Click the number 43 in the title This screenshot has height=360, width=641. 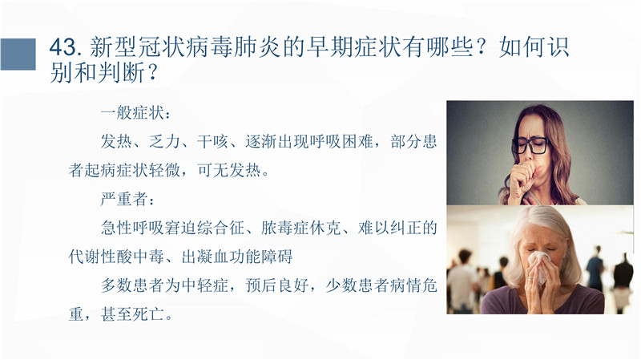coord(63,47)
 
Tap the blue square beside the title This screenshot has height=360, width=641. coord(18,54)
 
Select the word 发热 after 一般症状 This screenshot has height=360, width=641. coord(116,142)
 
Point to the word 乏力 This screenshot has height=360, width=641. coord(165,142)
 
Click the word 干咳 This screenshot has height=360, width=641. coord(212,142)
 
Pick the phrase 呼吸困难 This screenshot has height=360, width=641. coord(341,142)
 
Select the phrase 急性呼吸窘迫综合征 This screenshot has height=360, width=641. coord(172,228)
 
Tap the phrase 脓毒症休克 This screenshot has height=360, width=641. coord(301,228)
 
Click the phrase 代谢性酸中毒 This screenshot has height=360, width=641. coord(116,257)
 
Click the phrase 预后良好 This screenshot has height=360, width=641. coord(276,285)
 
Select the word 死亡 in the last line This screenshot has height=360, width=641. coord(148,314)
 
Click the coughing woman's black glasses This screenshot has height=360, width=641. coord(530,145)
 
